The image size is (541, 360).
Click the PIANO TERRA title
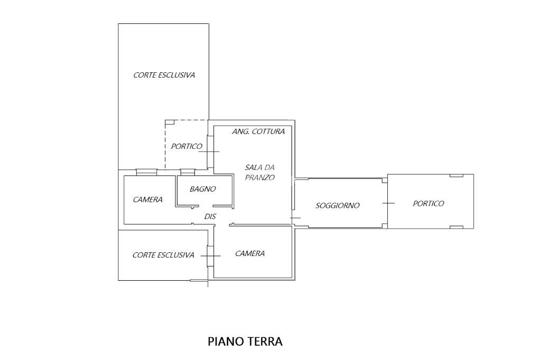[245, 342]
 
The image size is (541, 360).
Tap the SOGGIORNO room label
[338, 205]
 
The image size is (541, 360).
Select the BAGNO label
[203, 188]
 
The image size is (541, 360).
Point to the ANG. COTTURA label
[258, 131]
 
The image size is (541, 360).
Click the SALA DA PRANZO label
[259, 173]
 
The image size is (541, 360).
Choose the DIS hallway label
[210, 216]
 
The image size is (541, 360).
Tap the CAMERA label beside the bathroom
[147, 200]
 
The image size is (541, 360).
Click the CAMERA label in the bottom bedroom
[250, 253]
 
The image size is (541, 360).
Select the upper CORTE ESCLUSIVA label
[164, 75]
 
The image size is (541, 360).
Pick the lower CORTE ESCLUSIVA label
[163, 255]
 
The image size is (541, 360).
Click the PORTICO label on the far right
[428, 203]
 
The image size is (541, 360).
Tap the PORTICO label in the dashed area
[186, 146]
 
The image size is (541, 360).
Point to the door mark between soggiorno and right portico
[388, 203]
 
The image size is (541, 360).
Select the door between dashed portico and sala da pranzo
[210, 151]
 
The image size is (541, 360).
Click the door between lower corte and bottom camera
[210, 256]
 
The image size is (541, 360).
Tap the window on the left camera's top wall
[146, 172]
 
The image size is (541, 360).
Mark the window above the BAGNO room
[188, 172]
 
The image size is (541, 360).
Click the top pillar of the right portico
[455, 175]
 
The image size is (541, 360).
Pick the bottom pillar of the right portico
[455, 227]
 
